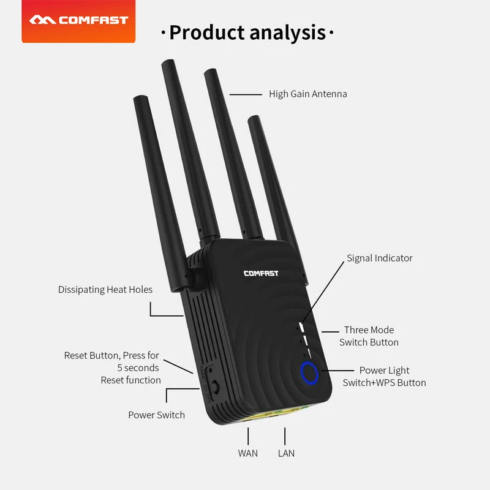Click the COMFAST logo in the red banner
tap(78, 20)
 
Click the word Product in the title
tap(207, 32)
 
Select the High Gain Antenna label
tap(307, 94)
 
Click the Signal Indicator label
tap(380, 258)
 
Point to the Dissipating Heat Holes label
tap(105, 289)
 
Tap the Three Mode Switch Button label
tap(369, 336)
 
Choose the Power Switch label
tap(156, 415)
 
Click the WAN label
tap(248, 453)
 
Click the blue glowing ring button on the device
tap(309, 372)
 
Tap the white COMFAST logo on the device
tap(260, 273)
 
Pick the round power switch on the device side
tap(216, 388)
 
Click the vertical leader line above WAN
tap(248, 435)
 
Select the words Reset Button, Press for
tap(111, 355)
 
